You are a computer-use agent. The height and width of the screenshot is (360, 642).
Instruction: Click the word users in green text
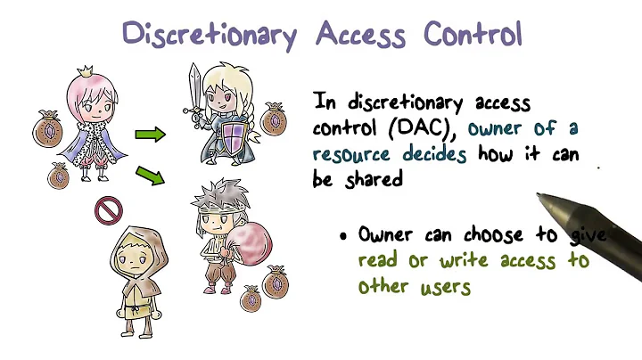[442, 287]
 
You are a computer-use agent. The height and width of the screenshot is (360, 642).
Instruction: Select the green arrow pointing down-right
[151, 174]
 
